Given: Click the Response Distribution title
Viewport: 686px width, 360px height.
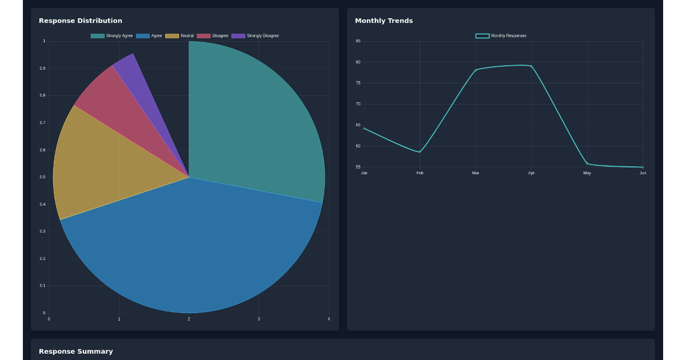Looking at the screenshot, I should tap(80, 21).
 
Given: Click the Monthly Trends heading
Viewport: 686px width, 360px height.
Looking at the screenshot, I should tap(384, 21).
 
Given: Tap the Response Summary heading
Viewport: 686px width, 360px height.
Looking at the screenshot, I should tap(75, 351).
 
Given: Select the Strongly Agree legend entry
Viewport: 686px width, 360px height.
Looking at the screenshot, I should tap(112, 36).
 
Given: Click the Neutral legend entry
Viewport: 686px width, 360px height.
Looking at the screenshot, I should tap(180, 36).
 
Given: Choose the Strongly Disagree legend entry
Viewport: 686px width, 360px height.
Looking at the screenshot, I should tap(256, 36).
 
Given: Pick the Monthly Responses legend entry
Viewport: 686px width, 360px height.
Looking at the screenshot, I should tap(501, 36).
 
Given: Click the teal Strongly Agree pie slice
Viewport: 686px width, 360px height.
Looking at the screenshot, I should tap(257, 126).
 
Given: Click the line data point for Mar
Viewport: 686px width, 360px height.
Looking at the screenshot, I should tap(476, 70).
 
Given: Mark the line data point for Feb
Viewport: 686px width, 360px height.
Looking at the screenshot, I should tap(420, 152).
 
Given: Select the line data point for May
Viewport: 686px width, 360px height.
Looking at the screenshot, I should tap(587, 163).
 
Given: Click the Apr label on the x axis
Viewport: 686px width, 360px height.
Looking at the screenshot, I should tap(532, 173).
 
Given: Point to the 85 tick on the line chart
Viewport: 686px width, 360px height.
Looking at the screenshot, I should tap(358, 41).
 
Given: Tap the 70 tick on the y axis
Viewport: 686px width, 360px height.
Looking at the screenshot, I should tap(358, 104).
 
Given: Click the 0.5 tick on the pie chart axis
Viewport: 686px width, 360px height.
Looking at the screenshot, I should tap(43, 177).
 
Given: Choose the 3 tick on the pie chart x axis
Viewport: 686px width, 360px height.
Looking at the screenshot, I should tap(259, 319).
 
